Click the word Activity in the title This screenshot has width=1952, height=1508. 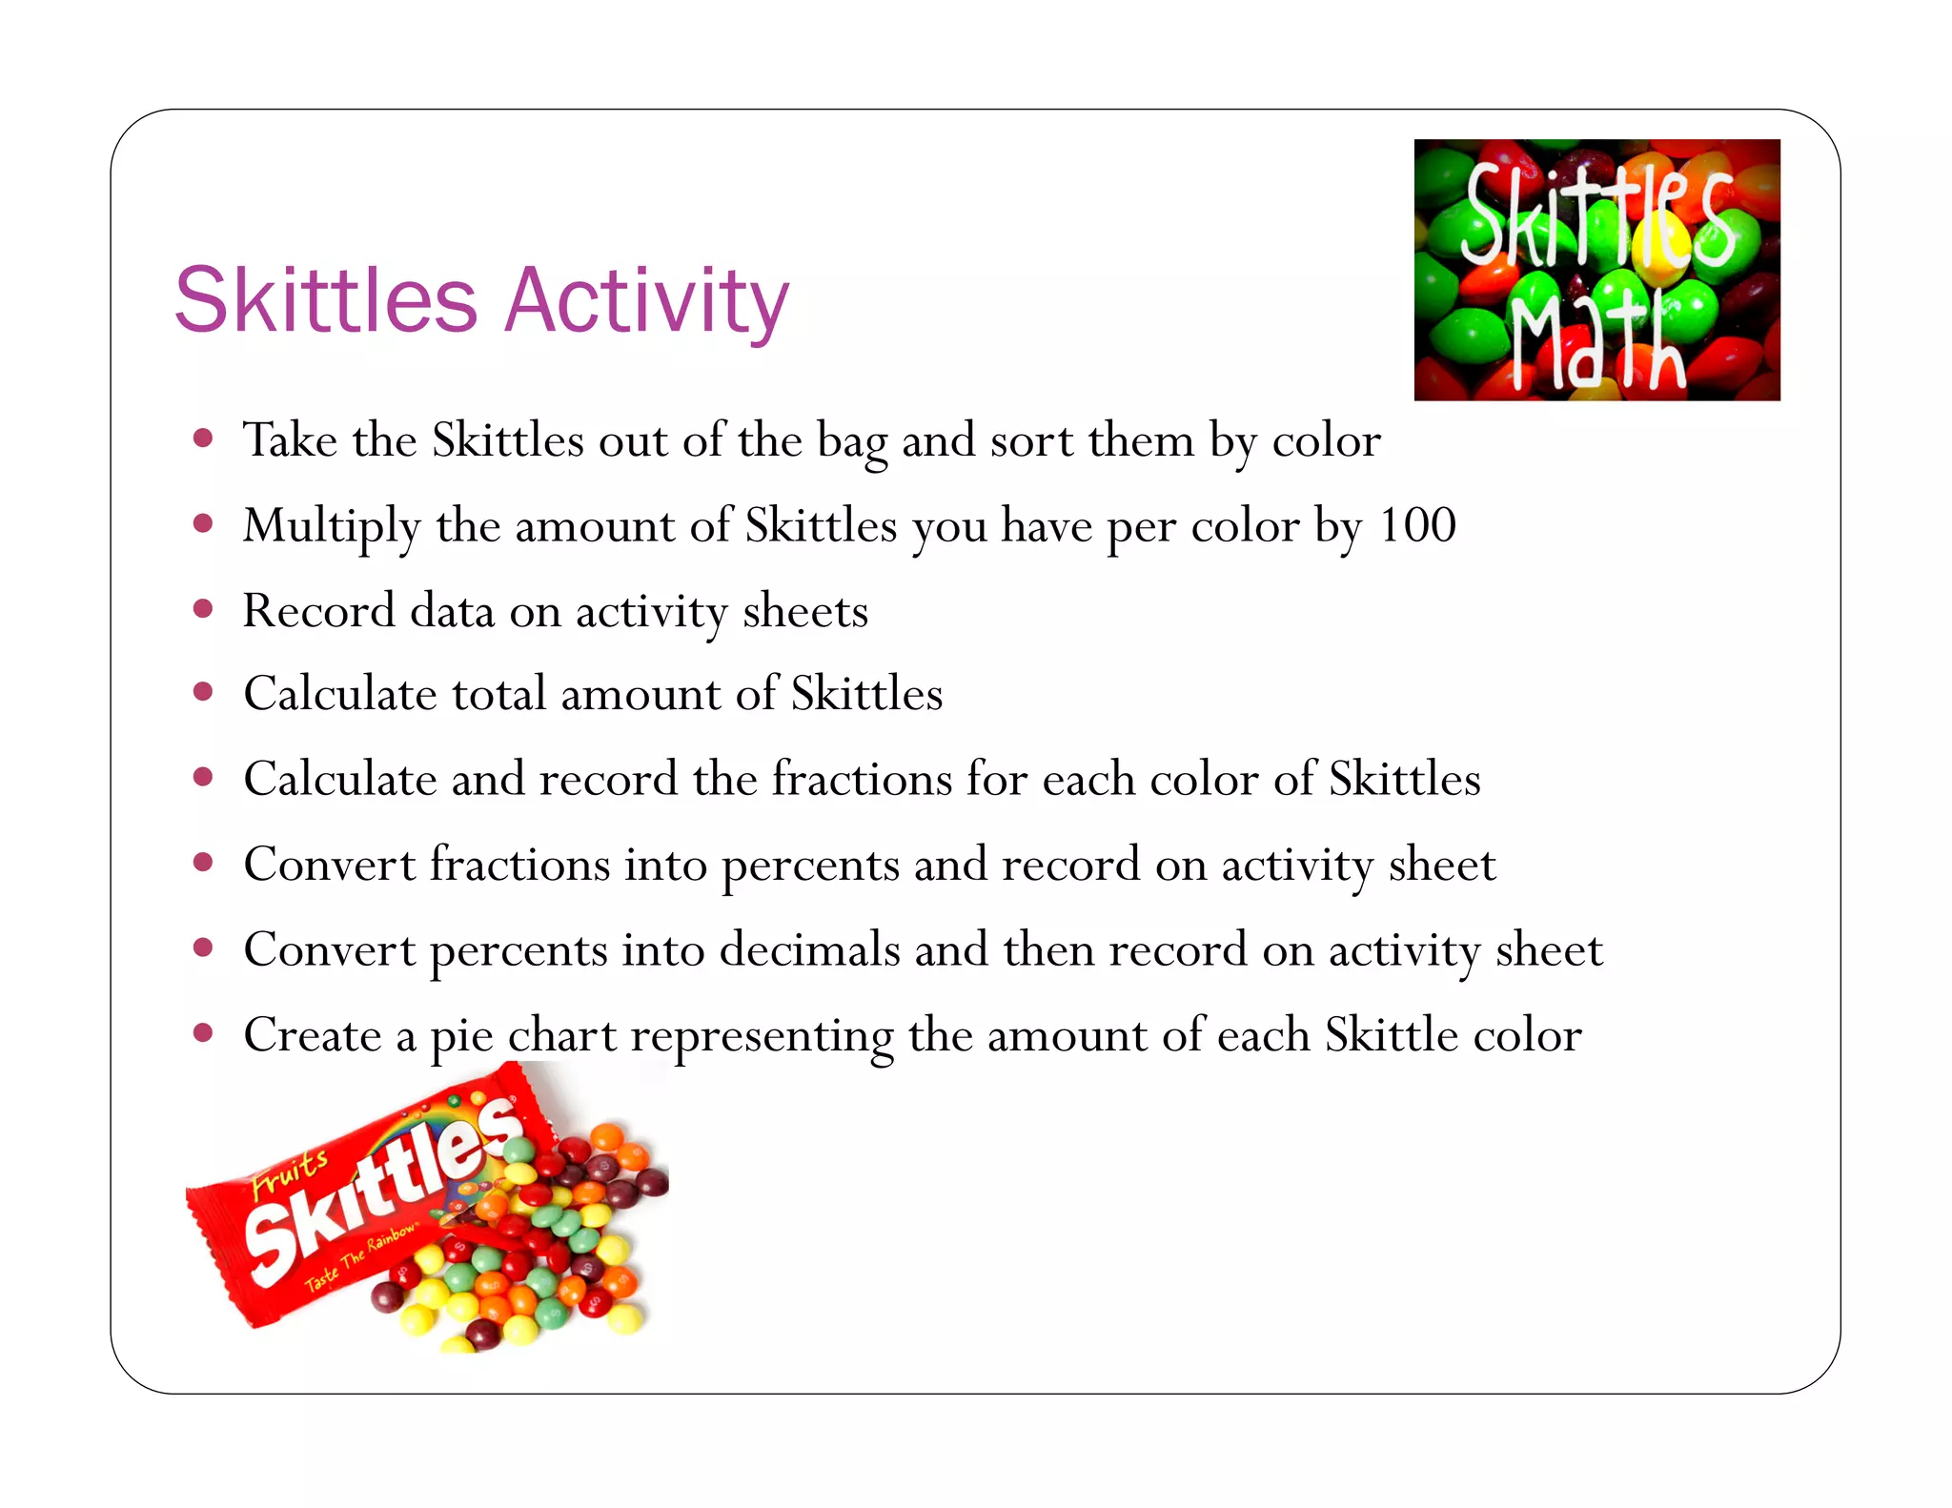click(x=647, y=301)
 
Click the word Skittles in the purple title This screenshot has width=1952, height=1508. click(x=325, y=301)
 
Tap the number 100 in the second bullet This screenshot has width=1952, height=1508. click(x=1417, y=525)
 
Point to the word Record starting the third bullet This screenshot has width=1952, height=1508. click(x=318, y=611)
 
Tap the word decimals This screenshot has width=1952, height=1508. click(x=809, y=950)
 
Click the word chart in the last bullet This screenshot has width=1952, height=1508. click(x=561, y=1035)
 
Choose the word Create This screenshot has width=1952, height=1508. click(x=312, y=1035)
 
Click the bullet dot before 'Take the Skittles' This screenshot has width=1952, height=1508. click(x=202, y=439)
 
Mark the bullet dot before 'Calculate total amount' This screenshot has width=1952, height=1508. click(x=202, y=693)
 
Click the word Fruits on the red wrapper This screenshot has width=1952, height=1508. click(x=290, y=1172)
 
